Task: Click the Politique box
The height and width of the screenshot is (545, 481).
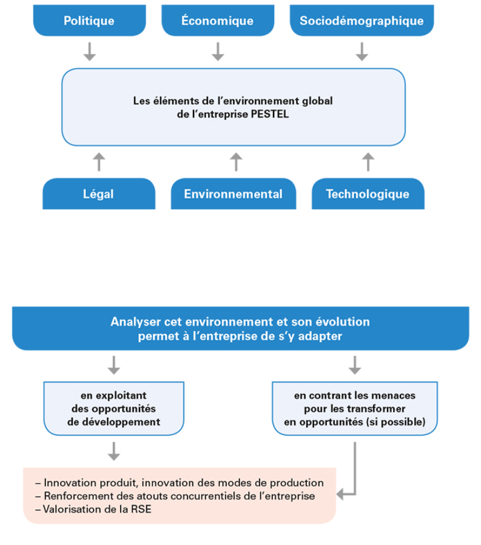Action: pyautogui.click(x=89, y=20)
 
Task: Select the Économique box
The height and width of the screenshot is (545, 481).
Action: pyautogui.click(x=218, y=20)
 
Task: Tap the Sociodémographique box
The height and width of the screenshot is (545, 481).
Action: pyautogui.click(x=362, y=20)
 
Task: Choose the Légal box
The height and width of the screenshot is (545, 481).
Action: pyautogui.click(x=99, y=193)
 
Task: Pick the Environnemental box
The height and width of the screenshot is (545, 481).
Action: pyautogui.click(x=234, y=193)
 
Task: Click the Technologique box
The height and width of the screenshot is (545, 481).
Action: pyautogui.click(x=368, y=193)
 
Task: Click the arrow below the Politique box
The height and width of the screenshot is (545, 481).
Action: pyautogui.click(x=90, y=52)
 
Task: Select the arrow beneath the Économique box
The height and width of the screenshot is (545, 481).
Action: pyautogui.click(x=218, y=52)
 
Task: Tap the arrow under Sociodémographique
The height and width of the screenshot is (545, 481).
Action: pyautogui.click(x=362, y=52)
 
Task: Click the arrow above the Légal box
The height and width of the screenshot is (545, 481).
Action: pyautogui.click(x=99, y=162)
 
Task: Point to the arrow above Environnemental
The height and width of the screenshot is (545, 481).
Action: pyautogui.click(x=236, y=162)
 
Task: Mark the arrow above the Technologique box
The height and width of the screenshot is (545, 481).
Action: pyautogui.click(x=368, y=162)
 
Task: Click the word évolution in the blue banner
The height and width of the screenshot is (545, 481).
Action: pyautogui.click(x=342, y=321)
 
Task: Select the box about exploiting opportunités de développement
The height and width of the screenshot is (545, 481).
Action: pyautogui.click(x=113, y=409)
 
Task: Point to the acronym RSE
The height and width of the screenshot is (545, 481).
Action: pyautogui.click(x=141, y=509)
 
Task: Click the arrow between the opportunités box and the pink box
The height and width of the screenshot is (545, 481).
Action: pyautogui.click(x=113, y=452)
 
